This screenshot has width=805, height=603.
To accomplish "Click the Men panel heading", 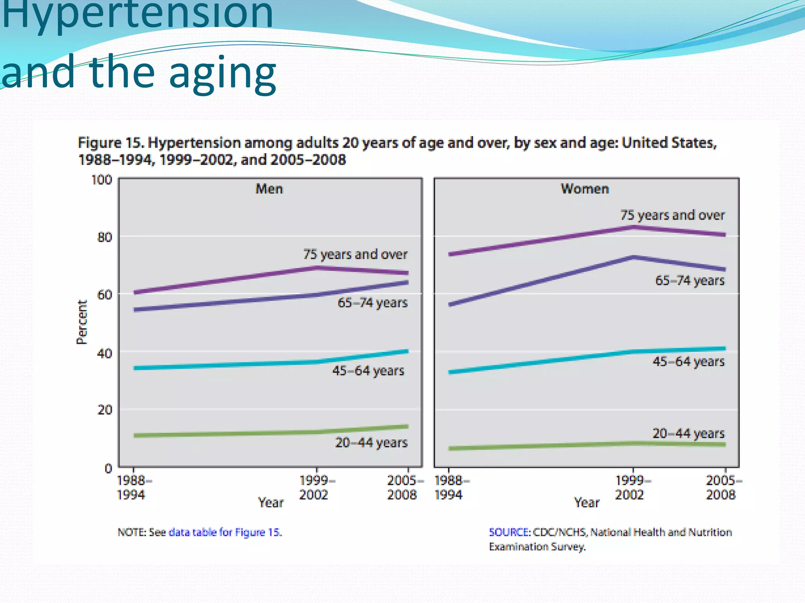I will click(269, 189).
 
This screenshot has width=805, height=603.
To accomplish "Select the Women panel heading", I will click(585, 189).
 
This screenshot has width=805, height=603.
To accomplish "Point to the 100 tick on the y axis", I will click(102, 180).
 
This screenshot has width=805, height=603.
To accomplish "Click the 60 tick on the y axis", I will click(105, 295).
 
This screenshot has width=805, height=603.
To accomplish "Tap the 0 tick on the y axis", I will click(108, 468).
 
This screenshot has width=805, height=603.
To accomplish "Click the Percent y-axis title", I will click(81, 322).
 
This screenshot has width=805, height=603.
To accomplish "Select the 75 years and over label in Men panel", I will click(355, 254).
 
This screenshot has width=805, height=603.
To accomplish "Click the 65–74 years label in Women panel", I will click(689, 281).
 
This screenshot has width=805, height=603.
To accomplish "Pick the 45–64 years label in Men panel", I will click(368, 371).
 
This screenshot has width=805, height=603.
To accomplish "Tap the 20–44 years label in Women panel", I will click(688, 433).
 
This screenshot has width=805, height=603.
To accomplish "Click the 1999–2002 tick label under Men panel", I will click(316, 488).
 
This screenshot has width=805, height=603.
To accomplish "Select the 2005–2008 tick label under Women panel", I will click(722, 488).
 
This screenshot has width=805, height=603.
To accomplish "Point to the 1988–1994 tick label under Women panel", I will click(450, 488).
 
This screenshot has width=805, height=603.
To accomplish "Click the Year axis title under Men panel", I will click(270, 502).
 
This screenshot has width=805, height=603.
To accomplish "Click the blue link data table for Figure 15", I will click(225, 532).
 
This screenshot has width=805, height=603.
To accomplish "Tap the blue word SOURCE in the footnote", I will click(509, 532).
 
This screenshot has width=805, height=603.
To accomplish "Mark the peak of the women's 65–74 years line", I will click(633, 257).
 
